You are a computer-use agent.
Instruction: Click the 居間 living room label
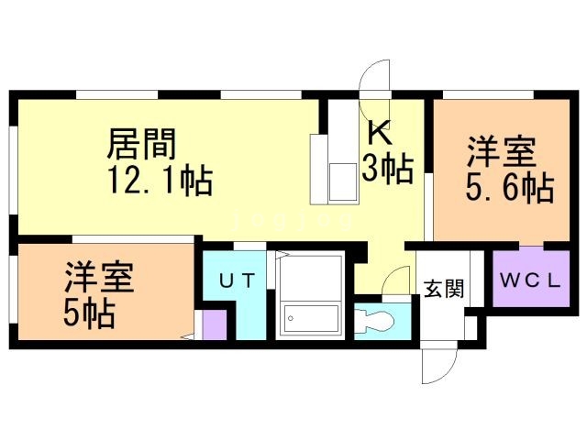[x=142, y=144]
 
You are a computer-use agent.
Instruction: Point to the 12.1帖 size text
[x=160, y=181]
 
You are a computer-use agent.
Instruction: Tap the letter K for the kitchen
[x=381, y=134]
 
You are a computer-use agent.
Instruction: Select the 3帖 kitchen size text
[x=385, y=170]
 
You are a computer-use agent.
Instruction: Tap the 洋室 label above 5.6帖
[x=504, y=150]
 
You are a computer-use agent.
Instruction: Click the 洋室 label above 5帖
[x=99, y=278]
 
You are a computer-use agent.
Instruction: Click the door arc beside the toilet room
[x=396, y=279]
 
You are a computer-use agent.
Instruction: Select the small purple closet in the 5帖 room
[x=214, y=324]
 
